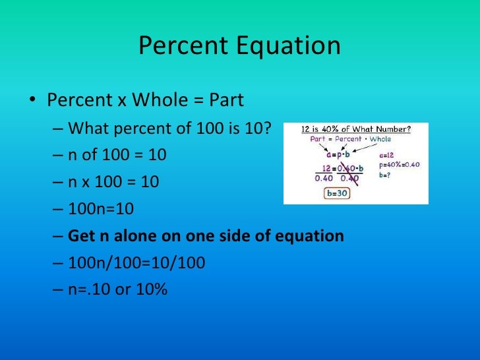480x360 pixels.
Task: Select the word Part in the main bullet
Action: (x=226, y=101)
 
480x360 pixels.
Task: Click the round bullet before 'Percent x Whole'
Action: (x=32, y=101)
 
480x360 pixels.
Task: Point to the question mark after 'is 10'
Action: (x=267, y=127)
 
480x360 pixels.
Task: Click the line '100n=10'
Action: (x=101, y=208)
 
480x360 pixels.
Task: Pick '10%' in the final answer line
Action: (x=152, y=290)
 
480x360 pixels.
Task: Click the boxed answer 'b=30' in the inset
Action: (x=340, y=194)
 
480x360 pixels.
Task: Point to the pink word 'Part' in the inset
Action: (x=313, y=139)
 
